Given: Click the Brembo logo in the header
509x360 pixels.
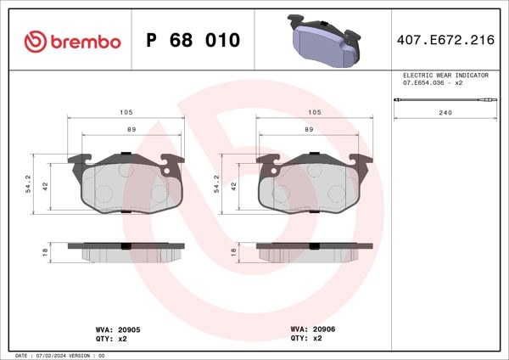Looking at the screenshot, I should click(72, 40).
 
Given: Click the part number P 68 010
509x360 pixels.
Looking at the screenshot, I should click(193, 40).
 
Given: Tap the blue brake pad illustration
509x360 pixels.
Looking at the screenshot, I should click(324, 40).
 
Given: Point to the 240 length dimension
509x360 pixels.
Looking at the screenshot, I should click(445, 112).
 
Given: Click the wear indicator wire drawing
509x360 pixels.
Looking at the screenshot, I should click(445, 102).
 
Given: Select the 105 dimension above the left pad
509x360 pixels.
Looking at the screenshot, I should click(126, 112).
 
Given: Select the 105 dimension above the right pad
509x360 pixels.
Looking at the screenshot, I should click(313, 112).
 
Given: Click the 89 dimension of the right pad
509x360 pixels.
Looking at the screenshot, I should click(310, 129).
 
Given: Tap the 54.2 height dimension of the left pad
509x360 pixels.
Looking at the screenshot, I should click(29, 183).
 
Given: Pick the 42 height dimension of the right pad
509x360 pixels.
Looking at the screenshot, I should click(235, 185).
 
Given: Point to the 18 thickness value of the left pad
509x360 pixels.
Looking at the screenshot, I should click(45, 251).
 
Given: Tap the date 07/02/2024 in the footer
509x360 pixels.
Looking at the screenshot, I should click(53, 355).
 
